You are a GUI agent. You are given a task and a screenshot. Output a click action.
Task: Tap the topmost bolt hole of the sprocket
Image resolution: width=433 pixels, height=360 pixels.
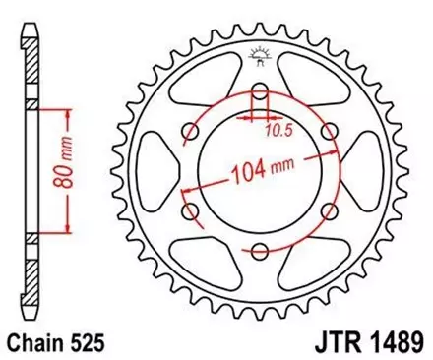261,94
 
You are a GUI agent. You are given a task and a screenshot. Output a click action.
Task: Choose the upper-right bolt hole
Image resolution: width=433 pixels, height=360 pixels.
327,133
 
